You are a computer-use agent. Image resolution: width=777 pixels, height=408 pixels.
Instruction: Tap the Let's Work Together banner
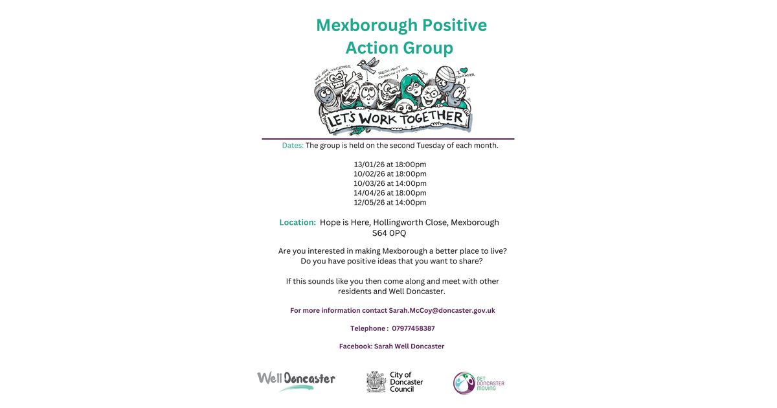(x=396, y=119)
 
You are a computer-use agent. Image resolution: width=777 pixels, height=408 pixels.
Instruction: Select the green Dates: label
(x=293, y=146)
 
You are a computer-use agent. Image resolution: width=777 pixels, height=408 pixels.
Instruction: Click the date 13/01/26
(x=368, y=164)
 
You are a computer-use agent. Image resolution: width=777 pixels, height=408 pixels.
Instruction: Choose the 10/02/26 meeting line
(x=390, y=174)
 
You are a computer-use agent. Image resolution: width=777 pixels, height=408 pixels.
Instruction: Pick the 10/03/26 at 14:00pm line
(x=390, y=183)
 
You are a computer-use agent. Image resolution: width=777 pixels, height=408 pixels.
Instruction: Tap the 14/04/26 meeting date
(x=368, y=193)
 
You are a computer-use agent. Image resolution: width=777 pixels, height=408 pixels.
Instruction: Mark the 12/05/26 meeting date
(x=368, y=202)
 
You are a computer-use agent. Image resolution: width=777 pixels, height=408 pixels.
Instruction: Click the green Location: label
(x=298, y=222)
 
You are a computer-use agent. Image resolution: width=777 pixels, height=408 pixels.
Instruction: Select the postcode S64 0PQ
(x=389, y=233)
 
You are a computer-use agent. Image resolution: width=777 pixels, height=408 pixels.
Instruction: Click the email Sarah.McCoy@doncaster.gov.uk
(x=442, y=311)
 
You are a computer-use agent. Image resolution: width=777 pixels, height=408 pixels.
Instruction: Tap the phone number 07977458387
(x=413, y=328)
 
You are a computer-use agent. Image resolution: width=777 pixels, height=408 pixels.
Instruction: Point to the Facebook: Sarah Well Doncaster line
(x=392, y=346)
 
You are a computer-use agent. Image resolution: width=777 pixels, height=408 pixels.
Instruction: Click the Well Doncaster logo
(x=296, y=381)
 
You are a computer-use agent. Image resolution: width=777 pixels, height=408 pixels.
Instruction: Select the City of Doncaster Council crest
(x=376, y=382)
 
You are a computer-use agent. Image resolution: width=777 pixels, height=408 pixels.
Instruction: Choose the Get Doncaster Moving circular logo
(x=464, y=383)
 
